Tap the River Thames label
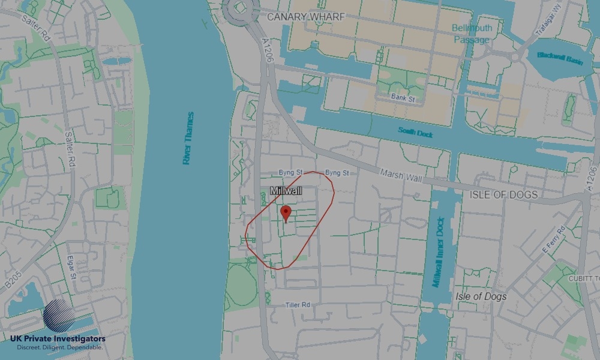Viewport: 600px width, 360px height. [188, 138]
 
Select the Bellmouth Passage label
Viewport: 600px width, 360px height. [472, 34]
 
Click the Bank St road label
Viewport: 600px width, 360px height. [403, 97]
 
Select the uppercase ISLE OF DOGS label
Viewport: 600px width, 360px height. [503, 194]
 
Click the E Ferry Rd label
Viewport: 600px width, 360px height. [553, 239]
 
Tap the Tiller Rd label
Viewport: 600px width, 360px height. [298, 305]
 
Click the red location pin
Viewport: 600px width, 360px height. [286, 213]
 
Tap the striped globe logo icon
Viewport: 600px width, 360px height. [59, 315]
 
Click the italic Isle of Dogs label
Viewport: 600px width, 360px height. [481, 296]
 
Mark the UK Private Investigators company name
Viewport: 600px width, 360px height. [58, 339]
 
